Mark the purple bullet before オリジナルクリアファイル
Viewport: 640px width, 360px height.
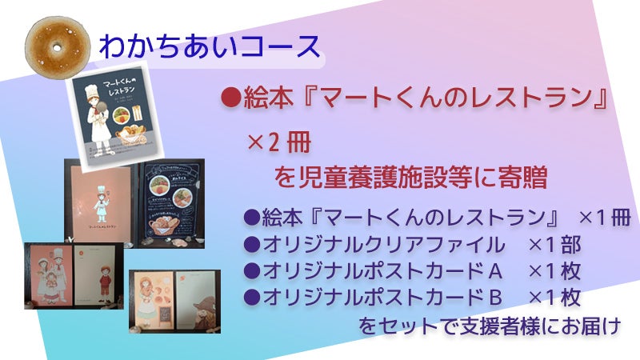(x=249, y=244)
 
